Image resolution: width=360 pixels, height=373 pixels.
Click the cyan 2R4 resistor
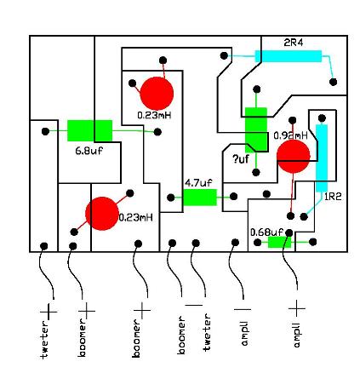289,56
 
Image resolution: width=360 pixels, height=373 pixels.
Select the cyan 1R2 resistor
322,158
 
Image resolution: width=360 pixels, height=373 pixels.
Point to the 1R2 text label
333,196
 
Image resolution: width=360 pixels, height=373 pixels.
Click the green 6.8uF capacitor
89,130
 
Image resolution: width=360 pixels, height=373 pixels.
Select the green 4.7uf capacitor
200,198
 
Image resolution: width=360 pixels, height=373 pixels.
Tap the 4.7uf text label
198,182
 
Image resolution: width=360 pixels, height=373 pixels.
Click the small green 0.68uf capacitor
279,242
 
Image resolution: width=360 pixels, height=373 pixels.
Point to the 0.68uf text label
266,231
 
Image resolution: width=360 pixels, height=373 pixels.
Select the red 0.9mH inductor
294,156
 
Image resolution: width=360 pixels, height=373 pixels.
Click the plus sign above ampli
297,306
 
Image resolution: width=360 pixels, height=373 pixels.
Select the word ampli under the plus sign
297,335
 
